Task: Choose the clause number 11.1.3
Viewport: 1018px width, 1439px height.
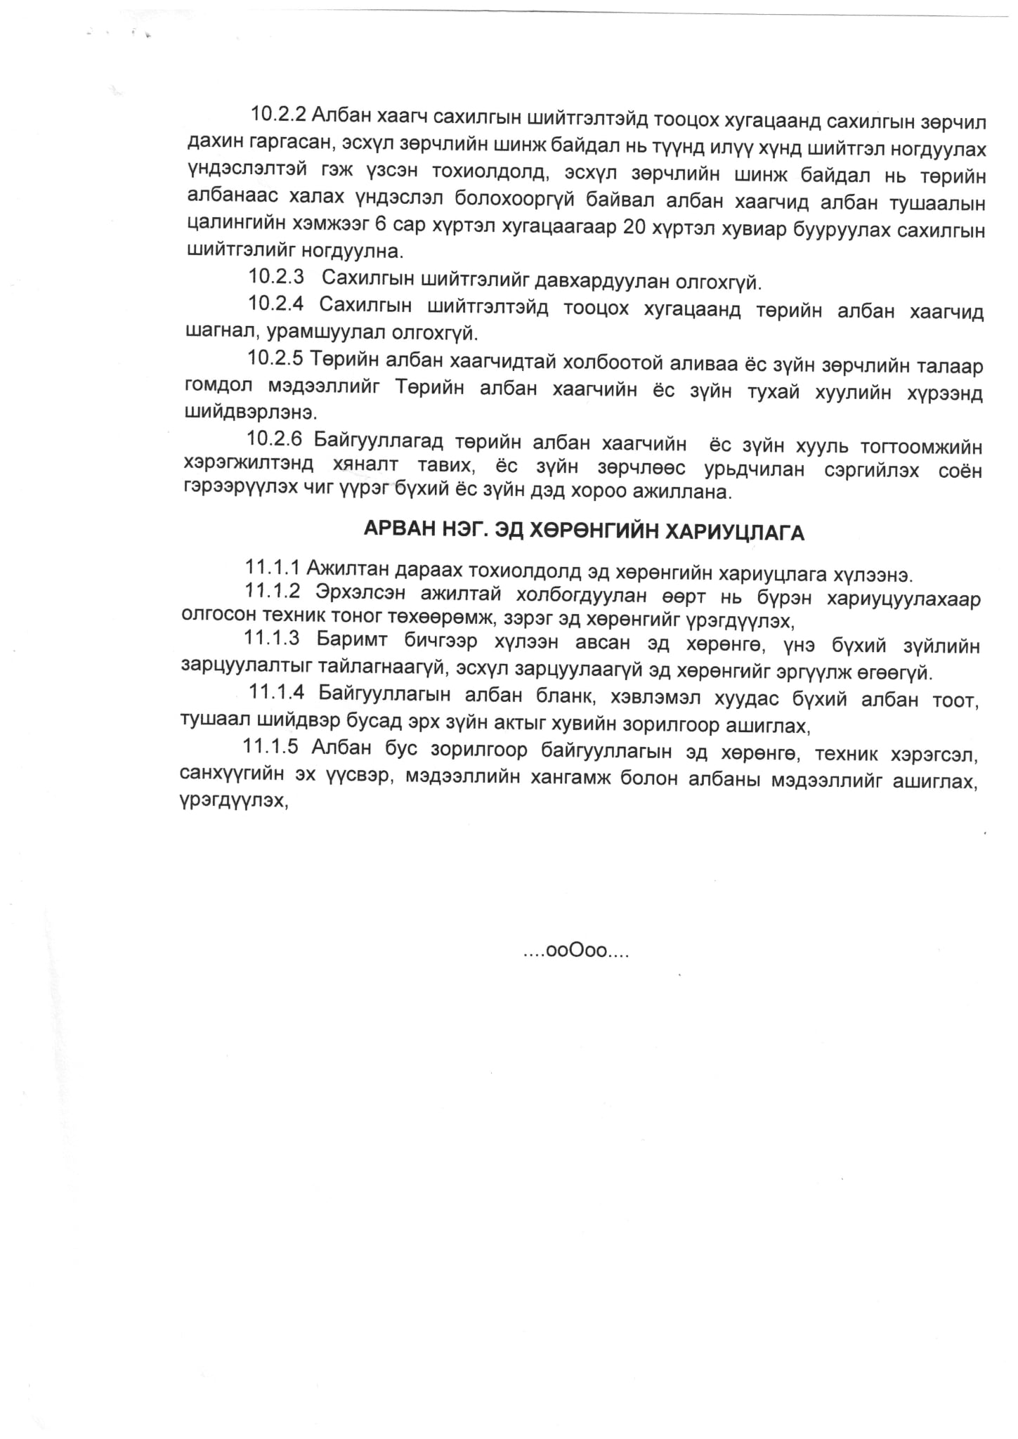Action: coord(272,639)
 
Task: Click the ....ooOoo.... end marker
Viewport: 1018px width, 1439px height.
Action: coord(575,952)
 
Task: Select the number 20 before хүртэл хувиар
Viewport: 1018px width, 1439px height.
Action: coord(637,230)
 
